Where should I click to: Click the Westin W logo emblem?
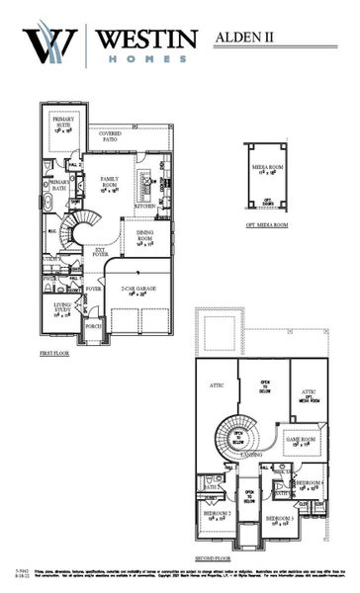click(x=50, y=44)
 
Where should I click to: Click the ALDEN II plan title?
click(x=248, y=38)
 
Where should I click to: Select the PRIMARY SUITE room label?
click(x=63, y=123)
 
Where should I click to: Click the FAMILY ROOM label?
click(x=109, y=183)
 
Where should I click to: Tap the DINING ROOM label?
click(x=144, y=237)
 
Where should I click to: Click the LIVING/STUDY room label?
click(x=62, y=310)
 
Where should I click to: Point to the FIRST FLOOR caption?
click(x=54, y=352)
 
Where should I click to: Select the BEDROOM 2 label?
click(x=218, y=515)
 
